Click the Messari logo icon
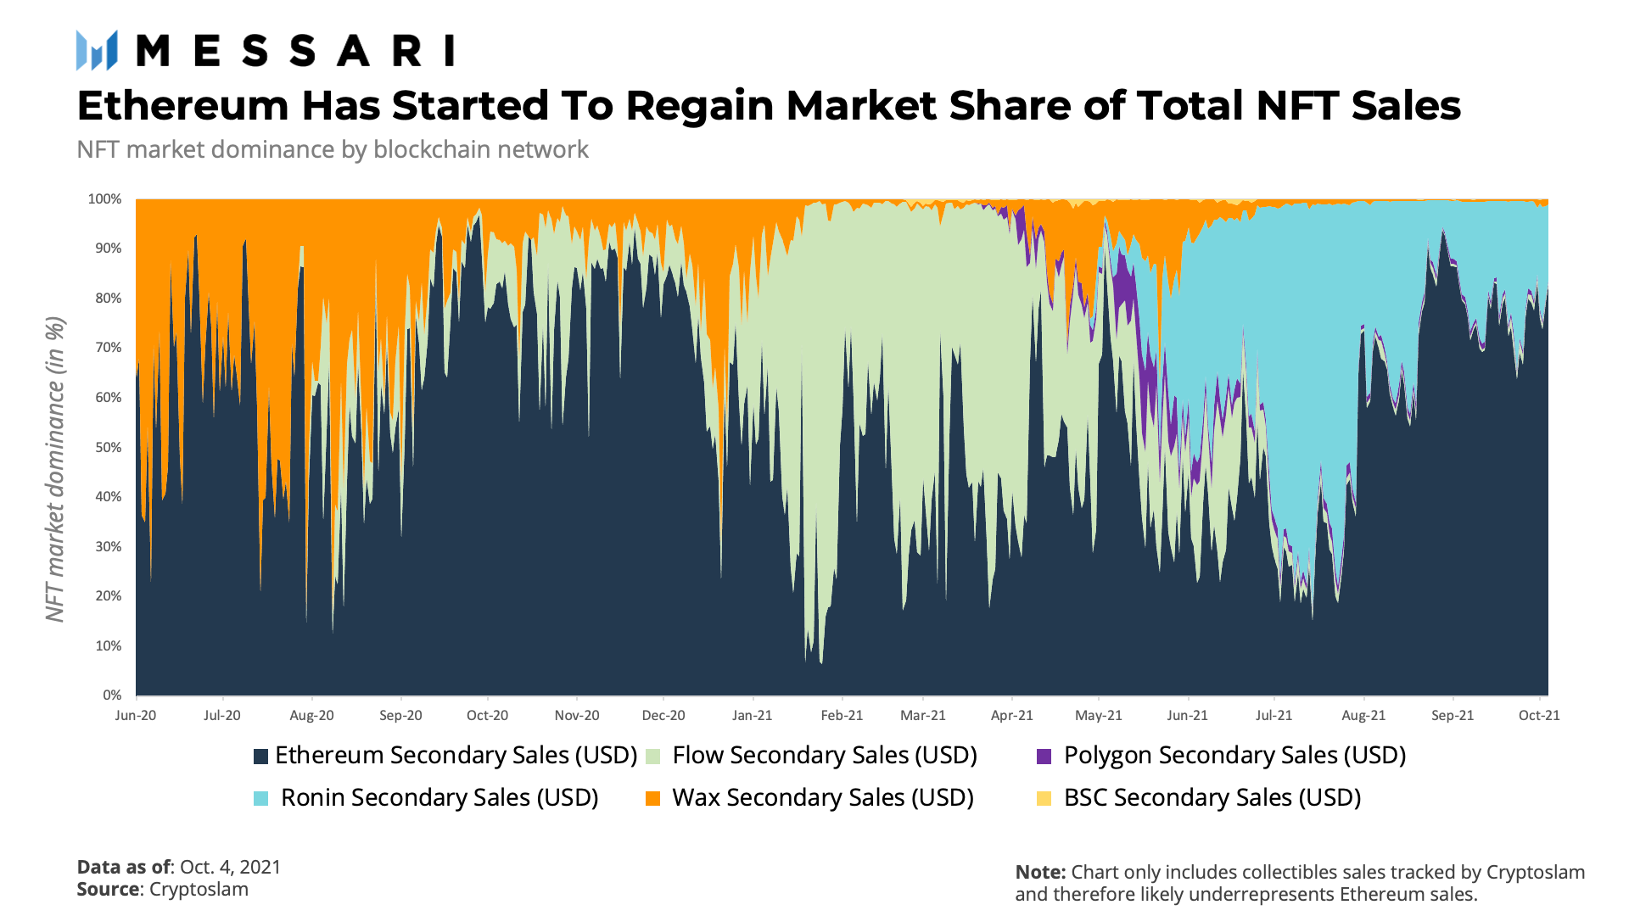96,51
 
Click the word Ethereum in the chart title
183,106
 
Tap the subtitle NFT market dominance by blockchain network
332,149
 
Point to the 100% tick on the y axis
104,199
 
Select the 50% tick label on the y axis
108,447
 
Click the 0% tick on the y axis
112,695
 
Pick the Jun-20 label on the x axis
136,715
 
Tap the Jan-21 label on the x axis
752,715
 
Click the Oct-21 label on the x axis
1538,715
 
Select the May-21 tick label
1098,715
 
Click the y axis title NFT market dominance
54,469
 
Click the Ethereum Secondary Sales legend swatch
260,756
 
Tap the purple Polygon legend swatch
1044,756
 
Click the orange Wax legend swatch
652,798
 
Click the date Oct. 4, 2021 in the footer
230,867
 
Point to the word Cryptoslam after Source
199,889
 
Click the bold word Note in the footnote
1038,872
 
